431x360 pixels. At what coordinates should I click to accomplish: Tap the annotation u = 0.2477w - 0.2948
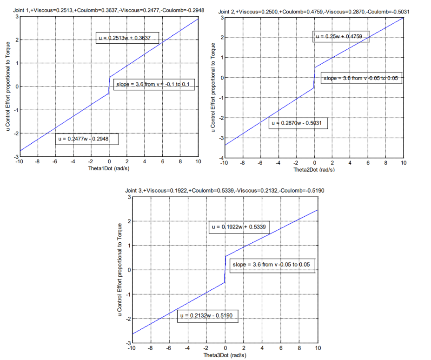pyautogui.click(x=86, y=139)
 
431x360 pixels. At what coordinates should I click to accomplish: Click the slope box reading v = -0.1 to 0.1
pyautogui.click(x=154, y=84)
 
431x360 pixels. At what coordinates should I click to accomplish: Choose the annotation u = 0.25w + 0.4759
pyautogui.click(x=341, y=36)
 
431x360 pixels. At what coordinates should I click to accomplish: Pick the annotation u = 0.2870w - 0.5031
pyautogui.click(x=298, y=123)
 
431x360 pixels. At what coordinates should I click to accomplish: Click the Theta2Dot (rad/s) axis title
pyautogui.click(x=314, y=169)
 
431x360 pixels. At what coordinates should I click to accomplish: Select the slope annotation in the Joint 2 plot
pyautogui.click(x=361, y=78)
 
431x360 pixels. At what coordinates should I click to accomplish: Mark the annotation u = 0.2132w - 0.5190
pyautogui.click(x=208, y=316)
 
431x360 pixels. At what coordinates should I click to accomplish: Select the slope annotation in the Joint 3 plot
pyautogui.click(x=272, y=264)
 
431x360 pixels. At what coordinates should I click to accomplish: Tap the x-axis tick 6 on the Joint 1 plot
pyautogui.click(x=162, y=162)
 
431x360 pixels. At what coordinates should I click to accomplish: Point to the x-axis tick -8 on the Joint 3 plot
pyautogui.click(x=150, y=348)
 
